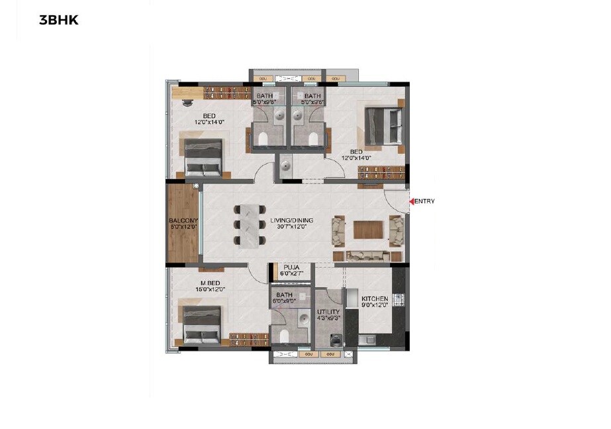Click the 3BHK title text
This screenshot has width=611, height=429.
coord(59,20)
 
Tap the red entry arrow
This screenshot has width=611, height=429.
coord(411,201)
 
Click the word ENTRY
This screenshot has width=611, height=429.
coord(425,202)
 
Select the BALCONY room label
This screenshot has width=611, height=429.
coord(183,221)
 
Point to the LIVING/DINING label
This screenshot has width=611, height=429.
coord(291,221)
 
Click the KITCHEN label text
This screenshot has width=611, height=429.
coord(375,300)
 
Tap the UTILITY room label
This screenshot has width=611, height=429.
coord(328,312)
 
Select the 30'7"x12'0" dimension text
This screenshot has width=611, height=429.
coord(291,227)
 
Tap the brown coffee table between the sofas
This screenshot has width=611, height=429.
coord(367,229)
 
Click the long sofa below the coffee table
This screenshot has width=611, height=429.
coord(369,255)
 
